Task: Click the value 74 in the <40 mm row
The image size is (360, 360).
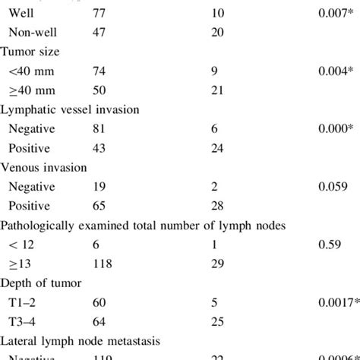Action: tap(98, 71)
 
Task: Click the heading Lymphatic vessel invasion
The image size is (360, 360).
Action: tap(70, 109)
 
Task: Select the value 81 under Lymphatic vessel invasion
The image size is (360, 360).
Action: tap(98, 128)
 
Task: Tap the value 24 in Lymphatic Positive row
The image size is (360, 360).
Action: tap(216, 147)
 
